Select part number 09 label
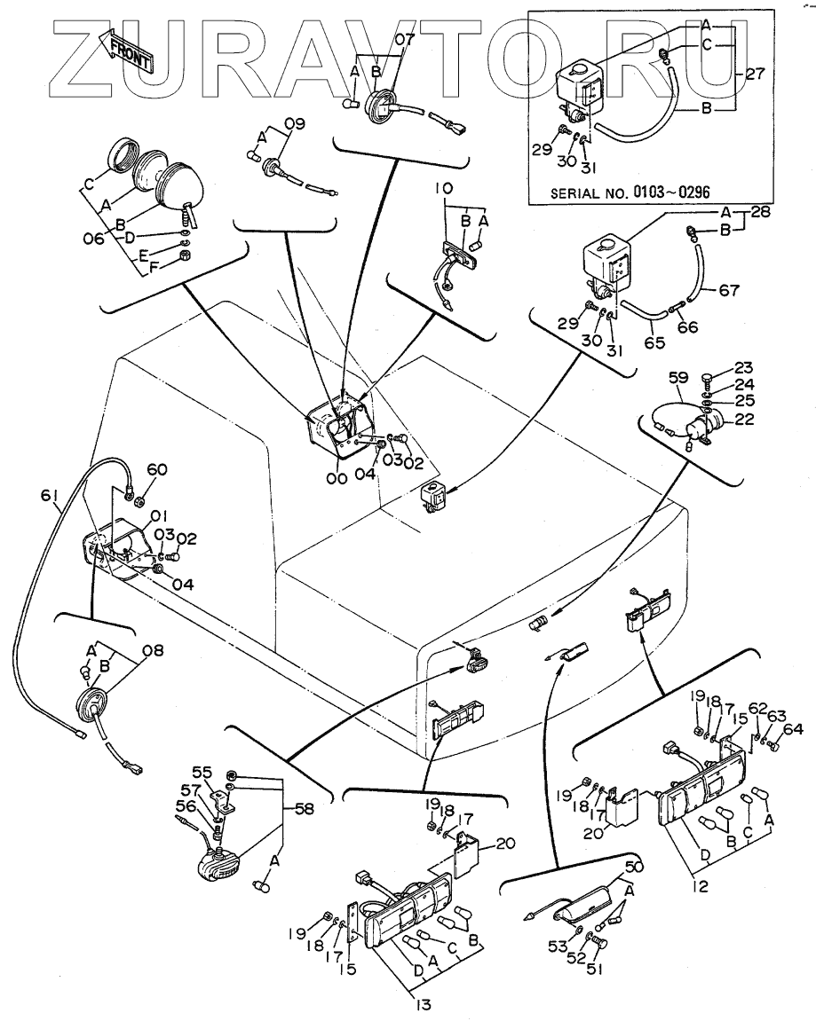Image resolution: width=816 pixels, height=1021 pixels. (294, 123)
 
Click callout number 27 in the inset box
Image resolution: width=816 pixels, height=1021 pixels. (756, 75)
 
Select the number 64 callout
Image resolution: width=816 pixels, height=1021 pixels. (793, 730)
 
